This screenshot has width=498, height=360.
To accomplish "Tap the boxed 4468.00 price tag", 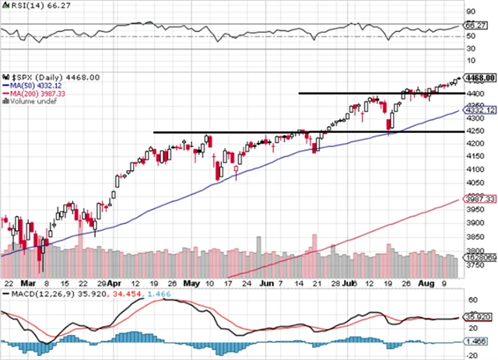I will [475, 78].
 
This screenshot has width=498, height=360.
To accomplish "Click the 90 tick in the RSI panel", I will [469, 12].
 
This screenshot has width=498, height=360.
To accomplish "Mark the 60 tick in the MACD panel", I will [469, 299].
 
